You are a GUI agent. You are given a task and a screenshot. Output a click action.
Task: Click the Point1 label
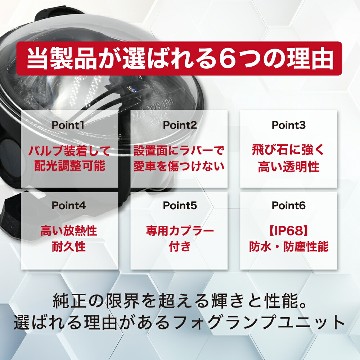(x=68, y=125)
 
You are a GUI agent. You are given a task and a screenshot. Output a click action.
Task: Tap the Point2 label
(x=180, y=125)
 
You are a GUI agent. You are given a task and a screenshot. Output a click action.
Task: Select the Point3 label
(x=289, y=125)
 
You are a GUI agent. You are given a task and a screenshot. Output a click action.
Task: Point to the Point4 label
(x=69, y=206)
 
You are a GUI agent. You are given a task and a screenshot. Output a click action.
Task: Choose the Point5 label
(x=180, y=206)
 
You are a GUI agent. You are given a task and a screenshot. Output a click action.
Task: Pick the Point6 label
(x=289, y=206)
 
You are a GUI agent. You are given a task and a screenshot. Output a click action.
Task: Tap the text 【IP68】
(x=289, y=231)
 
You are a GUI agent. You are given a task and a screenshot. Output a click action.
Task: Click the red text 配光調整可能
(x=70, y=166)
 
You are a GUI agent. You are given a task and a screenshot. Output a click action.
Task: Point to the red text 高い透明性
(x=289, y=166)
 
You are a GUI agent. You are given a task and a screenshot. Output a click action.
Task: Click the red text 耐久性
(x=69, y=246)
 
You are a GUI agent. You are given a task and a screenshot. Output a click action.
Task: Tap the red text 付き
(x=180, y=246)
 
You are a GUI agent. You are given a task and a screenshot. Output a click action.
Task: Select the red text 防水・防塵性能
(x=289, y=246)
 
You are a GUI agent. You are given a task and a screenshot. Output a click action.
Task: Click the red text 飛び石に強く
(x=288, y=150)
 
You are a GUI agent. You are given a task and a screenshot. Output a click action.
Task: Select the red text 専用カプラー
(x=180, y=231)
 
